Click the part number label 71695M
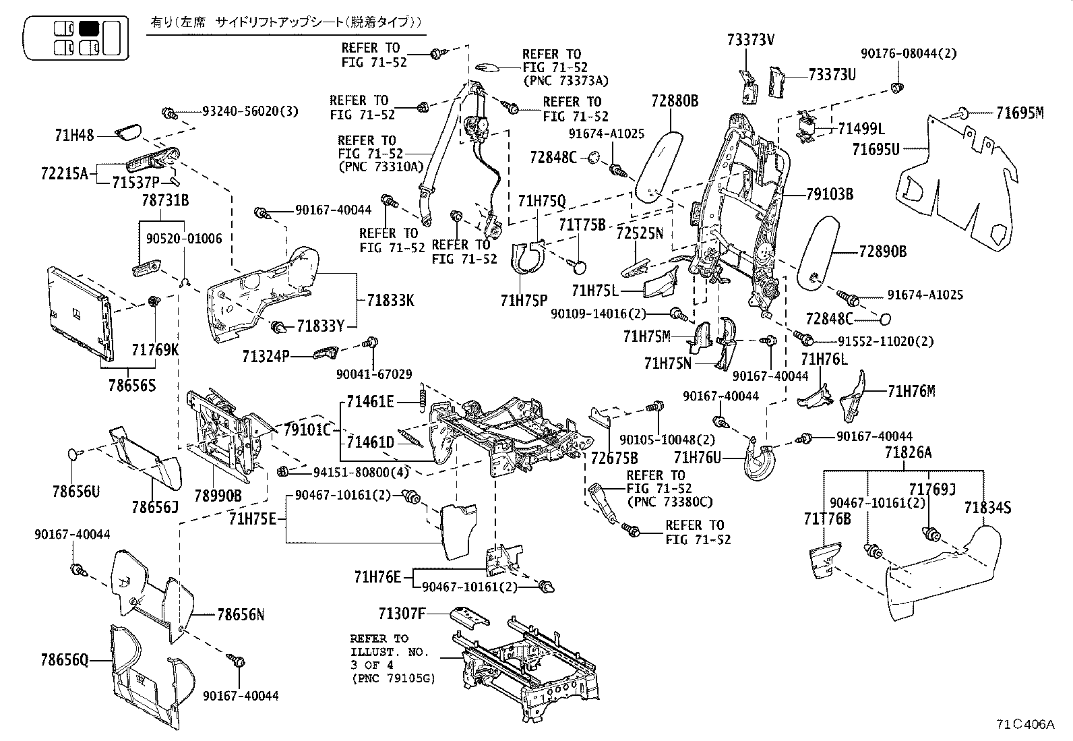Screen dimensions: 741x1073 tap(1019, 114)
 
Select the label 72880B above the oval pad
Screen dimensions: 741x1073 tap(675, 101)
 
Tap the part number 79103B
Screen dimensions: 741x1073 tap(830, 195)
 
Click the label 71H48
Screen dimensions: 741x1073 tap(74, 136)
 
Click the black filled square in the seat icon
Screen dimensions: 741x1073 tap(89, 28)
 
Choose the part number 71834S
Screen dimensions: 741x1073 tap(987, 508)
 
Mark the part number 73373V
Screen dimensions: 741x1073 tap(750, 40)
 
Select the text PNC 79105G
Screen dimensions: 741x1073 tap(392, 679)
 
